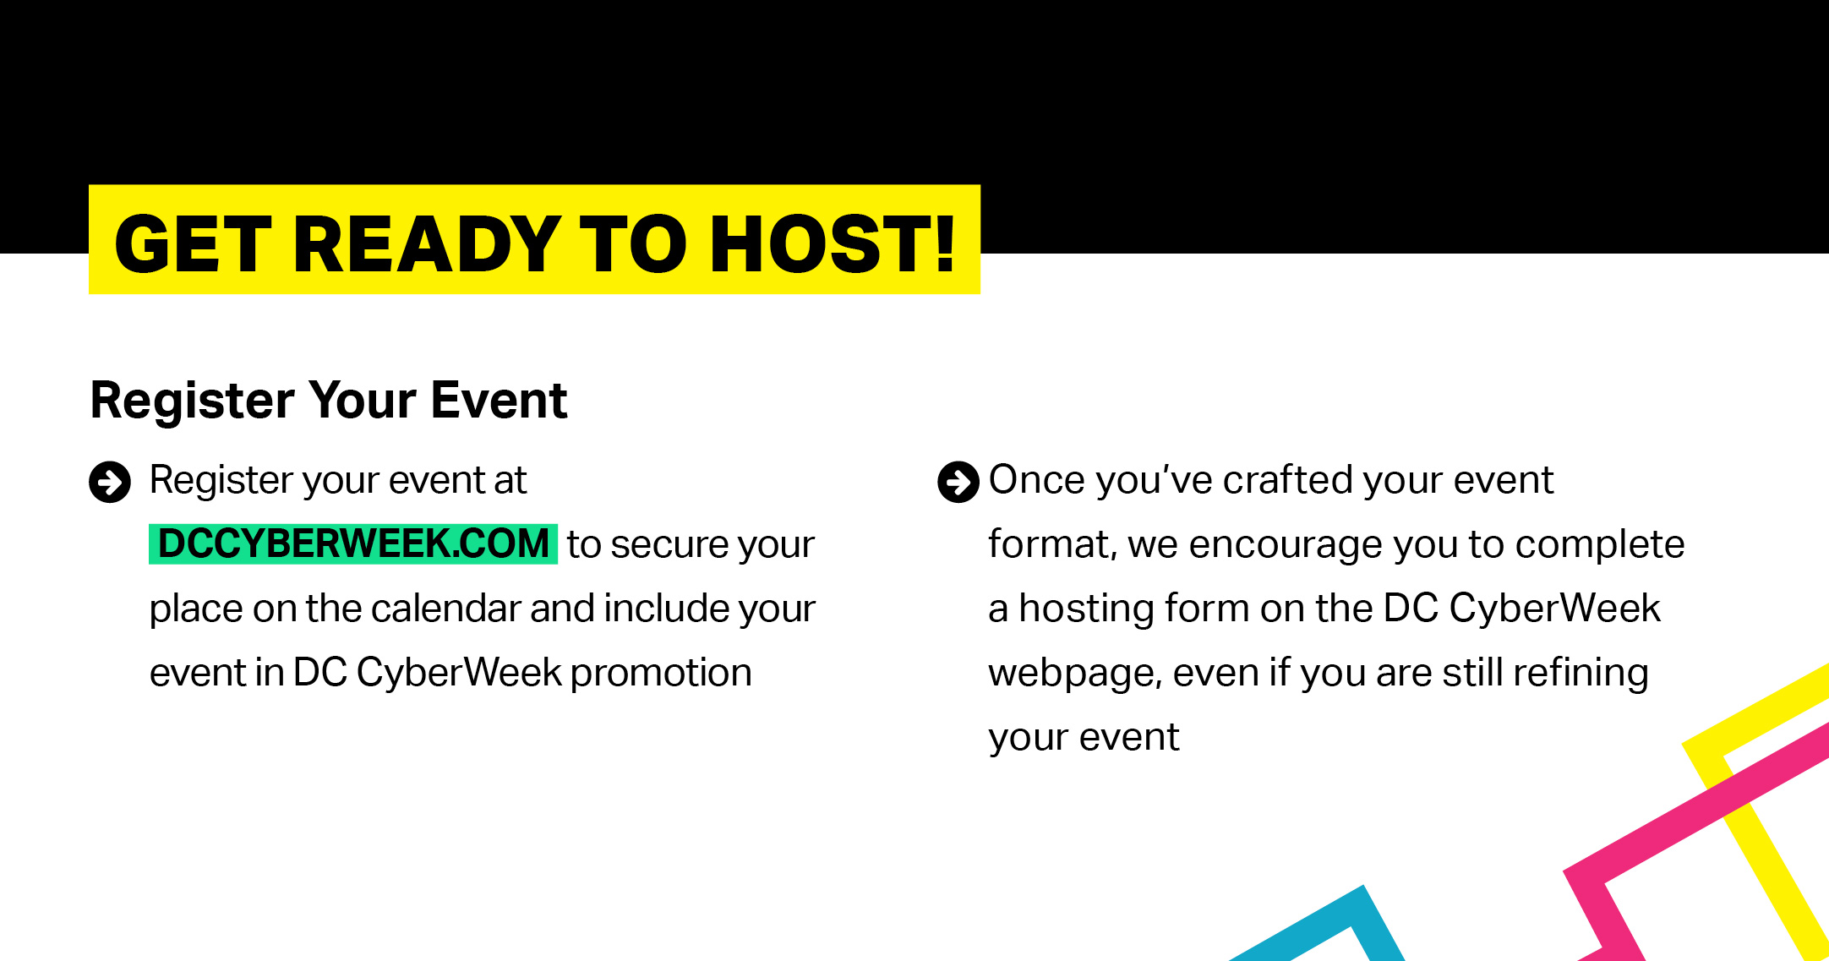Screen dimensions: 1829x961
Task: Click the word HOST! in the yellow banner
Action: tap(833, 244)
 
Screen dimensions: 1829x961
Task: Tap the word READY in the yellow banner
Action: tap(427, 244)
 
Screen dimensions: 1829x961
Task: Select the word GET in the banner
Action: tap(193, 244)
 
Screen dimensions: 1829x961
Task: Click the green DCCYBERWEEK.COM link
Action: tap(353, 543)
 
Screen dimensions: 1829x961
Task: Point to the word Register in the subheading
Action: tap(193, 401)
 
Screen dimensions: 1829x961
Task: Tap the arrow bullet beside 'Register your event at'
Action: tap(110, 482)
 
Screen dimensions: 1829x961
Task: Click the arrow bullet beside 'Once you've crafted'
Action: tap(958, 482)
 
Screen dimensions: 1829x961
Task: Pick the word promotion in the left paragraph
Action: tap(661, 674)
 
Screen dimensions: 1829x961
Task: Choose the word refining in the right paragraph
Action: tap(1581, 674)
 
